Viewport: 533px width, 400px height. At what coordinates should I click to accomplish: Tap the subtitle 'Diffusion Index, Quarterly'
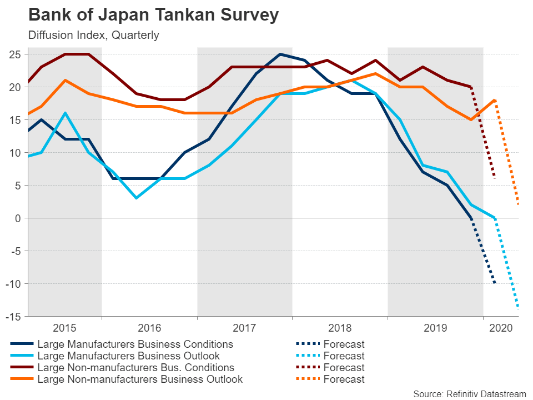93,35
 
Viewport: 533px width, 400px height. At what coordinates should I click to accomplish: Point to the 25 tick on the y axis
15,54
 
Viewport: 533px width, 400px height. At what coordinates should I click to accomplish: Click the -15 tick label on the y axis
13,316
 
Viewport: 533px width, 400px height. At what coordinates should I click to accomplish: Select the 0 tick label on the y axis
18,218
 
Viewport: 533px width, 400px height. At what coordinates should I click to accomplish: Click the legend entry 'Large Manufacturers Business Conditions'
135,344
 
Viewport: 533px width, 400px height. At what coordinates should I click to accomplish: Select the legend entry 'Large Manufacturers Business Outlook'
128,356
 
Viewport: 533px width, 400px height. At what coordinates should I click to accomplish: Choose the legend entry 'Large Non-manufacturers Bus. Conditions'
135,367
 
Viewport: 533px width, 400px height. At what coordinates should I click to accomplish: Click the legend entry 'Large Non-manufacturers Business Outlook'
140,379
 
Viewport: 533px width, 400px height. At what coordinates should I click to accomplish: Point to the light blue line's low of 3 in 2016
136,198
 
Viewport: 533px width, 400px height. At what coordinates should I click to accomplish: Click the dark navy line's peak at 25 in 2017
280,54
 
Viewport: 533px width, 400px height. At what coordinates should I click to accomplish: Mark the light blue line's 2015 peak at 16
66,113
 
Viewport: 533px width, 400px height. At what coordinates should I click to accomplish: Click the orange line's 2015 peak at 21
66,80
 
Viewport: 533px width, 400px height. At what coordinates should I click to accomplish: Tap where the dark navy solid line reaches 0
471,218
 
